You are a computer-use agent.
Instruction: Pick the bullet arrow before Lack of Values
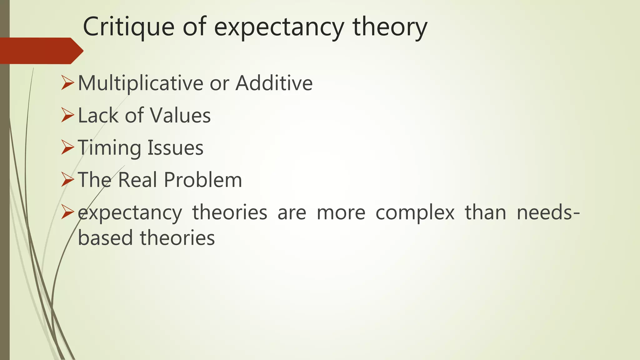(67, 115)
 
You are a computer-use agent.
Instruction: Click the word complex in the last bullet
(415, 213)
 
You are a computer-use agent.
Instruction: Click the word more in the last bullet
(341, 213)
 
